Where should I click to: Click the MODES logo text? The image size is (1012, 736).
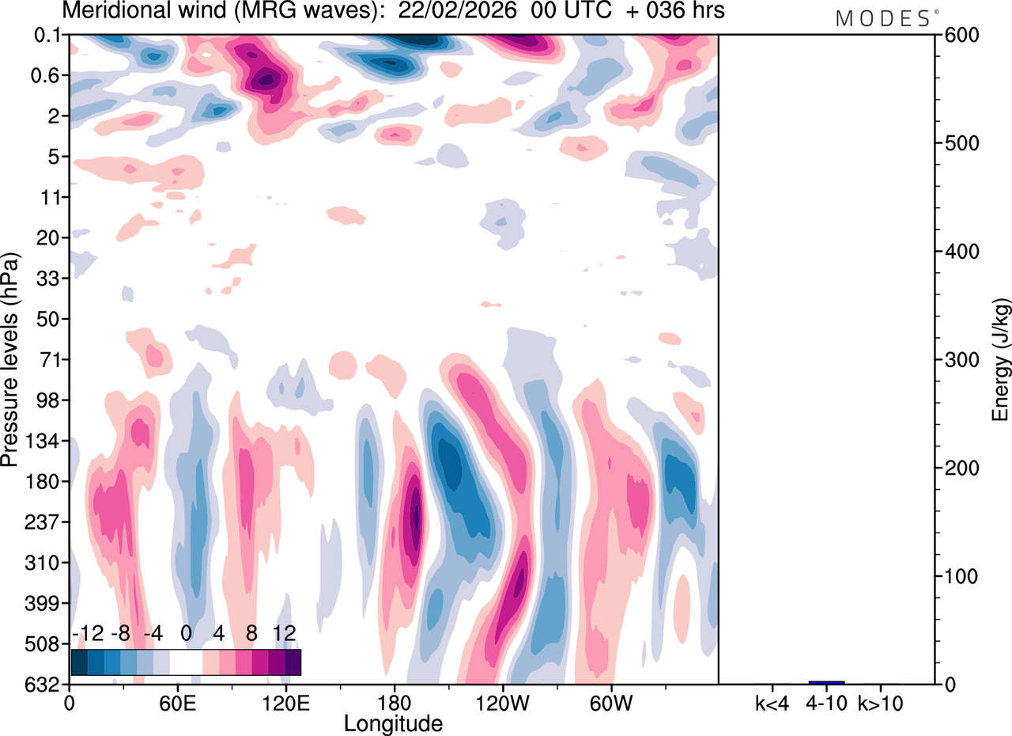pos(884,18)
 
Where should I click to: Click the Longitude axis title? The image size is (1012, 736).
pos(393,723)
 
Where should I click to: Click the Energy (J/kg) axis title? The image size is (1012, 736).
pos(1001,360)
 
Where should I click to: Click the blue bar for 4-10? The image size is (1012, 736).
pos(826,682)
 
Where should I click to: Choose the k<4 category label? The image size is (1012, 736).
pos(770,702)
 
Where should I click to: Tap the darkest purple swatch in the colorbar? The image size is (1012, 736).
pos(293,662)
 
